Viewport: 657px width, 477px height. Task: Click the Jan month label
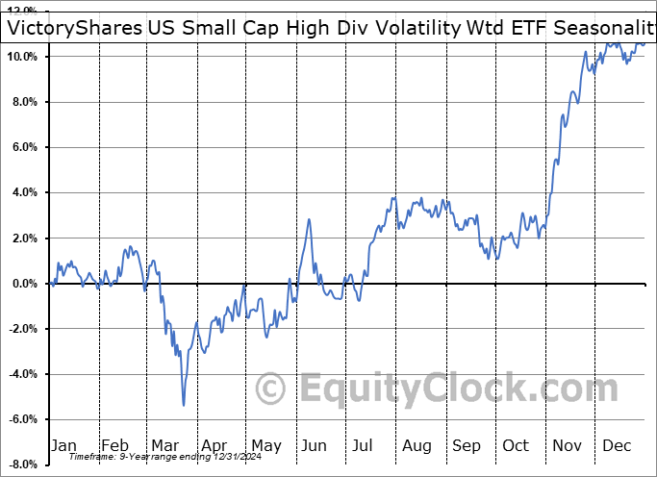pos(63,445)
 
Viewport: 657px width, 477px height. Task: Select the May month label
pos(265,445)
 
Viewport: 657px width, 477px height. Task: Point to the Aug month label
pos(417,445)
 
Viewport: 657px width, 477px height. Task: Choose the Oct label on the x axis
pos(516,445)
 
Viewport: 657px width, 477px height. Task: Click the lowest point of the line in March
pos(183,404)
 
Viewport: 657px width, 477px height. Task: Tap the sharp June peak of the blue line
pos(310,220)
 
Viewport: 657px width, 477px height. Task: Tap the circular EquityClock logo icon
pos(272,389)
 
